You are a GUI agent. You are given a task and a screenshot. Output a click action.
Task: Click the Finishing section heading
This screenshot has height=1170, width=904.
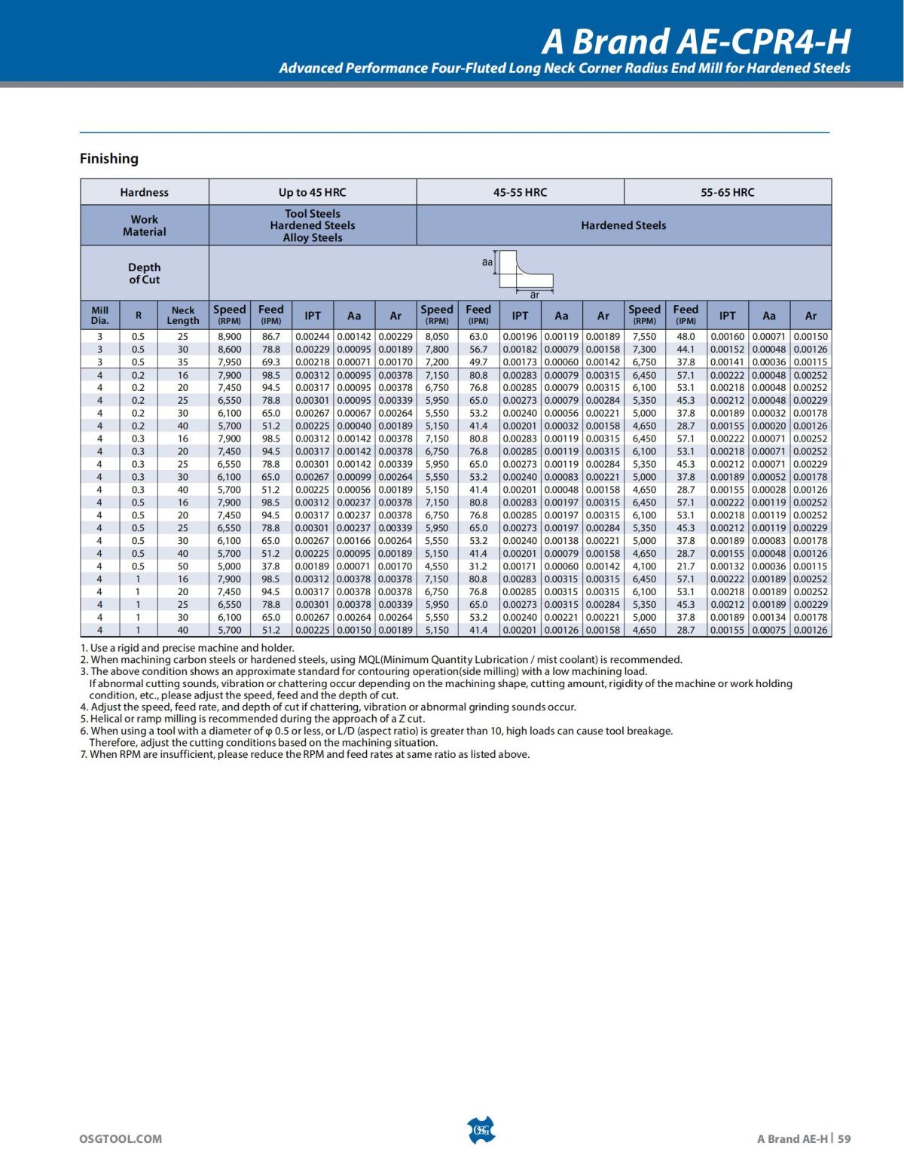click(109, 158)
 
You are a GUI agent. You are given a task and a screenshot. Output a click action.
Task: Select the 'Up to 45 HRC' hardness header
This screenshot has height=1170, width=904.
click(312, 192)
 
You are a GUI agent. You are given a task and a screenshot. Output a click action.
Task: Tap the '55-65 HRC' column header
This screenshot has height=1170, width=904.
click(727, 192)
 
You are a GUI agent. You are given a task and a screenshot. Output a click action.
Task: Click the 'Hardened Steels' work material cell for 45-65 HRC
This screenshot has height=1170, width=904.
click(623, 225)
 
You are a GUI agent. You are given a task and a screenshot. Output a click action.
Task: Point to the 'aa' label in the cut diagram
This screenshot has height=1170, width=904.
click(487, 262)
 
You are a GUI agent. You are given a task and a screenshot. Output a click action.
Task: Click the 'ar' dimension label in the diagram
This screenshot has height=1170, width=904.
click(534, 295)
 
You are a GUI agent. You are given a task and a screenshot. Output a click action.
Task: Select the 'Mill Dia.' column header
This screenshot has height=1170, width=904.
click(100, 315)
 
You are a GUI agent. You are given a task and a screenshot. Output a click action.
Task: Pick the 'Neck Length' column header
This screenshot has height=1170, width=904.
click(183, 315)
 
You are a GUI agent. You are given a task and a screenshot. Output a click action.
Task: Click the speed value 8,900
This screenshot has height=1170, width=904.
click(229, 337)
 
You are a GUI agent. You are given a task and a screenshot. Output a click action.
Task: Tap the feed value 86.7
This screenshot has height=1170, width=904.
click(270, 337)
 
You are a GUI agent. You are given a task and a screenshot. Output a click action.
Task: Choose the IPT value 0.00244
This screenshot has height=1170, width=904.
click(312, 337)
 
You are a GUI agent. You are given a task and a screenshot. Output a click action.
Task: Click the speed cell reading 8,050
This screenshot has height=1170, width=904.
click(437, 337)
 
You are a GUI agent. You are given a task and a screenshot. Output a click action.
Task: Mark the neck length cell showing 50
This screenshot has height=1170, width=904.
click(183, 566)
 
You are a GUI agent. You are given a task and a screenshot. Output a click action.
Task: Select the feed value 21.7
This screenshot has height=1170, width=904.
click(686, 566)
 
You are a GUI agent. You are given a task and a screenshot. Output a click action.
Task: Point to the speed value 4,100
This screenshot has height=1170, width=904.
click(644, 566)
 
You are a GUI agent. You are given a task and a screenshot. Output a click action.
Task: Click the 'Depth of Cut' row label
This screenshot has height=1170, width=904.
click(144, 273)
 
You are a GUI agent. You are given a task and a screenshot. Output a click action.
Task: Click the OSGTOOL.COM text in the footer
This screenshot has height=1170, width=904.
click(121, 1138)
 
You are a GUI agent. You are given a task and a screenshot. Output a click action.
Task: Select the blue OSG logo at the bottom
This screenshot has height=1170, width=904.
click(481, 1130)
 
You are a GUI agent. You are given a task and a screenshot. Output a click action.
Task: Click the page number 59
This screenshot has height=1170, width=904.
click(844, 1138)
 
